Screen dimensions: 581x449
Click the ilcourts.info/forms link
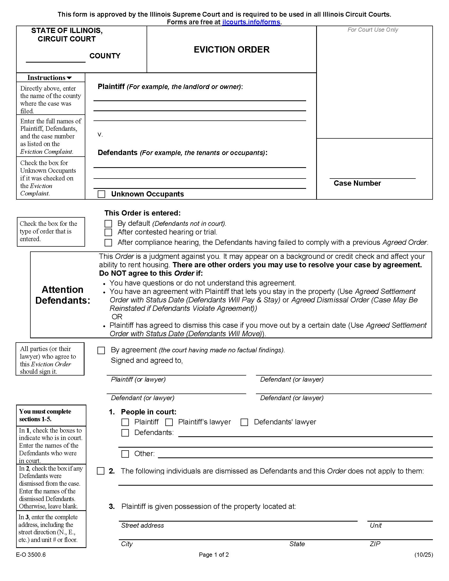tap(251, 22)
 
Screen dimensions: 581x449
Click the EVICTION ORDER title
tap(231, 49)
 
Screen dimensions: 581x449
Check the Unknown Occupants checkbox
tap(101, 194)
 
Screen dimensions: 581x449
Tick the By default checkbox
tap(108, 223)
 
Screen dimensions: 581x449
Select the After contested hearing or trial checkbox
tap(108, 232)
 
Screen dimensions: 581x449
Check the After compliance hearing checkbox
tap(108, 242)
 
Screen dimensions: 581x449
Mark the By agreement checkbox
tap(101, 350)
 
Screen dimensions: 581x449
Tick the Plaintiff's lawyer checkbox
tap(169, 422)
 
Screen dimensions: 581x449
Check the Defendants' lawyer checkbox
tap(244, 422)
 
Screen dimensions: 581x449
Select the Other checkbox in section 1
tap(125, 454)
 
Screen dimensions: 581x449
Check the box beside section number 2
tap(101, 471)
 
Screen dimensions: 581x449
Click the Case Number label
tap(357, 183)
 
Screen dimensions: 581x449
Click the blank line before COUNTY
tap(55, 59)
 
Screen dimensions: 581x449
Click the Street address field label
tap(142, 525)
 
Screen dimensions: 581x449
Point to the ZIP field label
tap(375, 544)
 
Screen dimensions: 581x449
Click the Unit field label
tap(375, 525)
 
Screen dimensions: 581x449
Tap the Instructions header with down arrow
tap(49, 78)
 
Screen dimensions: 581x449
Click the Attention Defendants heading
tap(63, 295)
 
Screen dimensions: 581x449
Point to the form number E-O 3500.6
tap(31, 555)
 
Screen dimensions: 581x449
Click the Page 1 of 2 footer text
tap(214, 555)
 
